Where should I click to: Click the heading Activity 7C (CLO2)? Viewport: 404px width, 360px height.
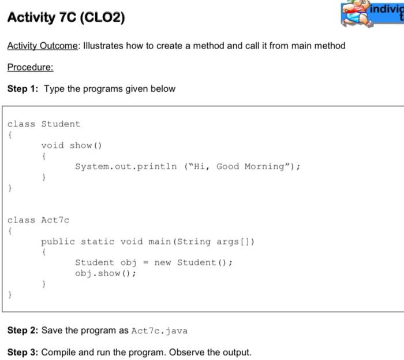click(x=66, y=18)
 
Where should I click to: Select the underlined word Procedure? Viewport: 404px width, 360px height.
click(x=30, y=67)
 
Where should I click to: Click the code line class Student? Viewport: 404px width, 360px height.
click(x=44, y=124)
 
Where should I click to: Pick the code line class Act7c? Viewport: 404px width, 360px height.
click(x=38, y=220)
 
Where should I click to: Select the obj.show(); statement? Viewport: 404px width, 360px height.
click(x=106, y=273)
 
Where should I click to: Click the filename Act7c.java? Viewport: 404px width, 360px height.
click(x=159, y=331)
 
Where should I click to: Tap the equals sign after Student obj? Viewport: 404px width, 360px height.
click(x=145, y=263)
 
